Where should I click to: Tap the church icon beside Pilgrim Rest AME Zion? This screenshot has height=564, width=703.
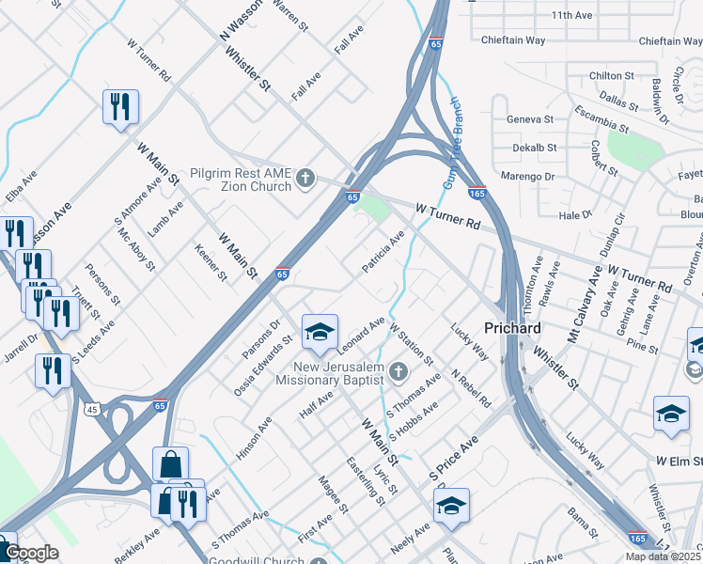coord(305,178)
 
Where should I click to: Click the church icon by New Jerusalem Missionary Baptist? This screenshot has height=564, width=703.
coord(398,372)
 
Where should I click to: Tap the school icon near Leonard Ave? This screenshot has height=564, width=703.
coord(320,332)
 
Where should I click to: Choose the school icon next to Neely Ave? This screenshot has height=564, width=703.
coord(451,507)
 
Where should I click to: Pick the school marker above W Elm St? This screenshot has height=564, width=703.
coord(671,414)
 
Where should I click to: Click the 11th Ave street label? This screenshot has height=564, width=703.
coord(574,15)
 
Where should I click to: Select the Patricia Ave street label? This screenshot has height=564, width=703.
coord(383,254)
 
